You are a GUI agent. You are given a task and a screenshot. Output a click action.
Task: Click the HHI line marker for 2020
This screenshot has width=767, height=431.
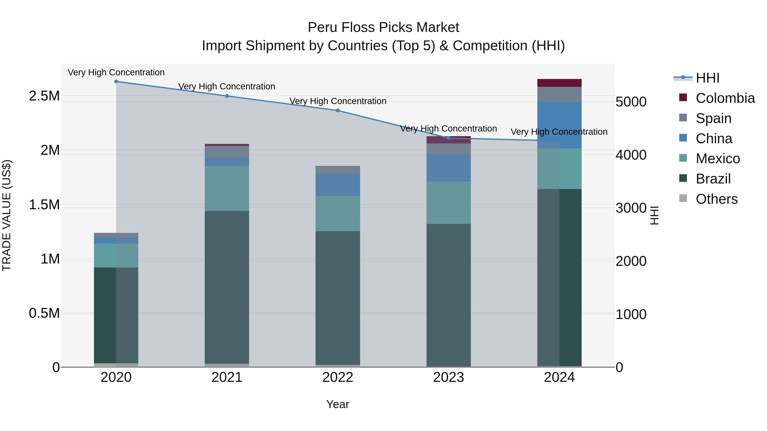tap(116, 81)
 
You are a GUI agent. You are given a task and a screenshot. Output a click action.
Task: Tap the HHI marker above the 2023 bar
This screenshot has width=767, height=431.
tap(448, 138)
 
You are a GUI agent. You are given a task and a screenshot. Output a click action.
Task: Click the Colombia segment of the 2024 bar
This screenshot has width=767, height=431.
tap(559, 83)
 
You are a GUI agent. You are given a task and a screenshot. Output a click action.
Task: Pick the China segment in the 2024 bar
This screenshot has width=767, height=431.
tap(559, 125)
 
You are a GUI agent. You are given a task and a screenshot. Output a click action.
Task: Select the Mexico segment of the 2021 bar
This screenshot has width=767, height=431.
tap(227, 189)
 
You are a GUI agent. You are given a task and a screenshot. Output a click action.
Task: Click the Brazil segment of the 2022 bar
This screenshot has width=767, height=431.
tap(338, 298)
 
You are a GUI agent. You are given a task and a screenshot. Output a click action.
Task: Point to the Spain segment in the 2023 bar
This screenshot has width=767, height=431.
tap(448, 149)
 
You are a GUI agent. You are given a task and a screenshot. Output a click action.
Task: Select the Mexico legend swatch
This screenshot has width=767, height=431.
tap(683, 158)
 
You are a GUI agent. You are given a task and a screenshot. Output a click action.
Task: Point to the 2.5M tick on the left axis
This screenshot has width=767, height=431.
tap(44, 96)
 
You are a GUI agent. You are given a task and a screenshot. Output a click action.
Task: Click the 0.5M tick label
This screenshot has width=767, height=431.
tap(44, 313)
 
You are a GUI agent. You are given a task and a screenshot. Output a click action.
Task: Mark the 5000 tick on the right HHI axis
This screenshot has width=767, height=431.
tap(631, 102)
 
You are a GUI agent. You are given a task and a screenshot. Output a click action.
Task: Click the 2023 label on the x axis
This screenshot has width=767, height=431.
tap(448, 377)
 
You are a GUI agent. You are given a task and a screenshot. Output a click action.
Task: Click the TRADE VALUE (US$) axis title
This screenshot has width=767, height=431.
tap(7, 215)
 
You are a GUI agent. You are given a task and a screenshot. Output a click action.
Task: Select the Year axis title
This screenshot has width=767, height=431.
tap(338, 404)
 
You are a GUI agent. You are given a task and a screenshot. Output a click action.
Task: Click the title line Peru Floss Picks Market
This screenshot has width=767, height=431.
tap(383, 27)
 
